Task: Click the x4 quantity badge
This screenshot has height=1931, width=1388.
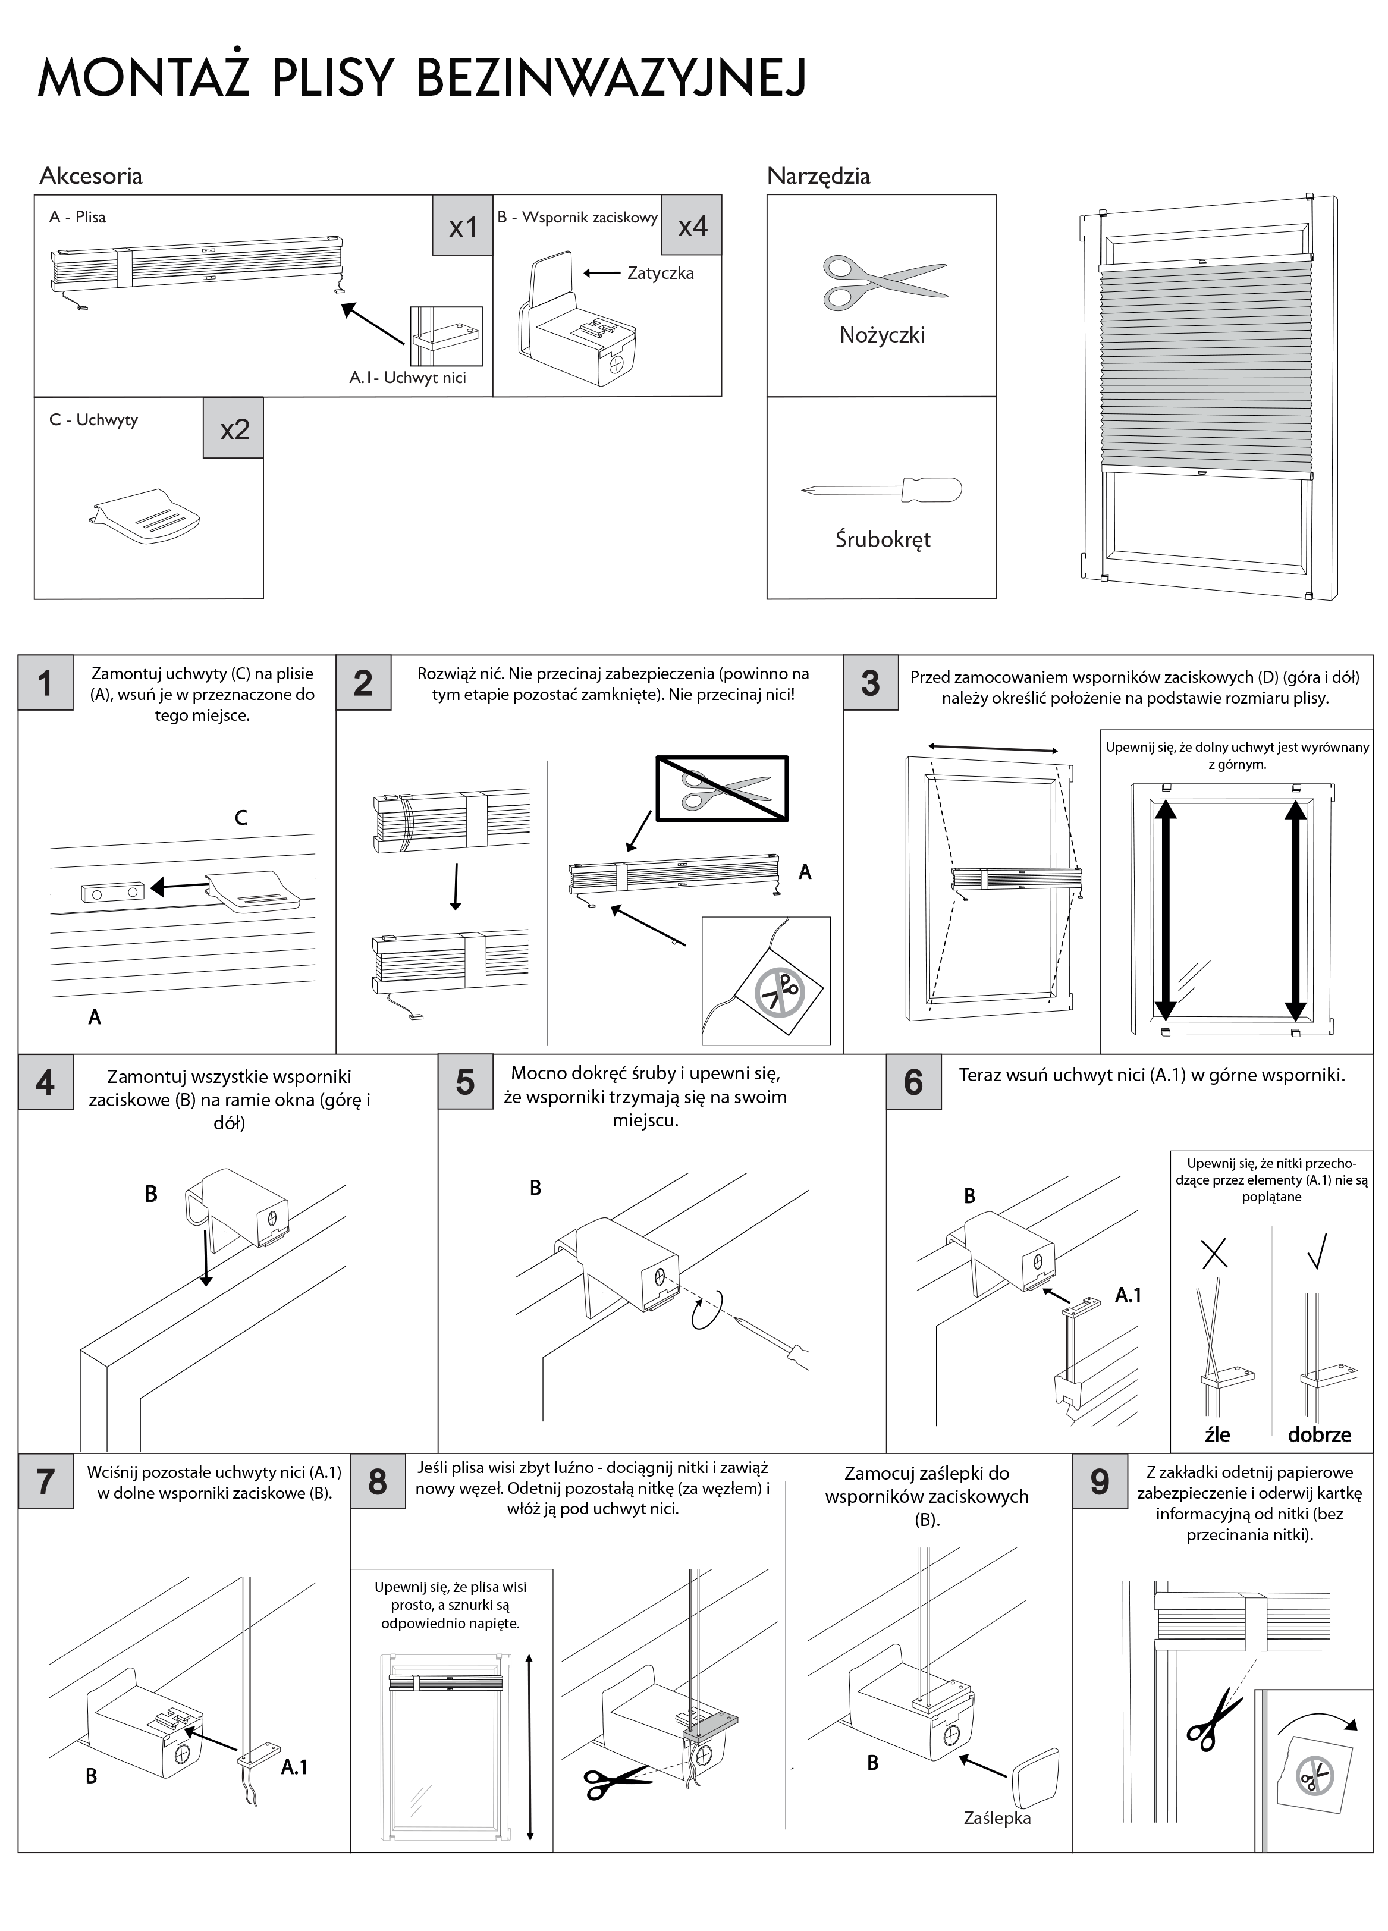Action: pos(692,225)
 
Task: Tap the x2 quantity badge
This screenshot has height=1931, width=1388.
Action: pos(233,428)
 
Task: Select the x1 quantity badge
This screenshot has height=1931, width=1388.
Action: pos(463,225)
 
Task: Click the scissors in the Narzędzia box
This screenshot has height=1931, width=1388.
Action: pos(883,280)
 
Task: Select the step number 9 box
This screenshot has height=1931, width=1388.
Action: pos(1100,1481)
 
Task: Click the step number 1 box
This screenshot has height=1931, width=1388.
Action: pos(46,683)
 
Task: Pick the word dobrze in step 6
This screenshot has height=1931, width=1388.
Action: pos(1319,1434)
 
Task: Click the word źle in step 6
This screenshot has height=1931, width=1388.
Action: pos(1217,1434)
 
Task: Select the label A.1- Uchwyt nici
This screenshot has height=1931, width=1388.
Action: pos(408,377)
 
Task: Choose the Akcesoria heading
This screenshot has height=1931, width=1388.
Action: pos(91,176)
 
